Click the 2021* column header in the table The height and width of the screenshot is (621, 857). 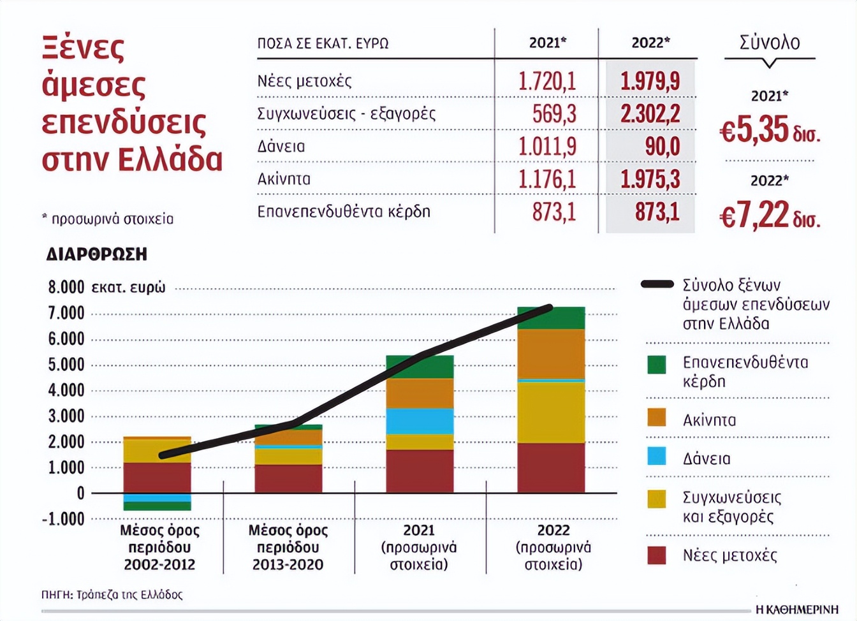pos(547,43)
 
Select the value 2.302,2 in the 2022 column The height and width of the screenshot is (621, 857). pos(650,113)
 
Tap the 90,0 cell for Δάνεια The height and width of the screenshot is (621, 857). pos(662,147)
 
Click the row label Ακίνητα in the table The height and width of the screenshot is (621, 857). pos(284,179)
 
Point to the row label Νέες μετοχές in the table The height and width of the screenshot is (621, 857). pos(304,81)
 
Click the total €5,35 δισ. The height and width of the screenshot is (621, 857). pos(770,130)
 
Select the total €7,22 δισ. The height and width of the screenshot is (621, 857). pos(770,215)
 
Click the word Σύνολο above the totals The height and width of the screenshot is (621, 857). pos(770,43)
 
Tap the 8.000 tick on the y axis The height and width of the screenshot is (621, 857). pos(66,288)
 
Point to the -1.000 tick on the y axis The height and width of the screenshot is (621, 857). pos(63,519)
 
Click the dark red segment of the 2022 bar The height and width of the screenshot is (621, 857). pos(551,467)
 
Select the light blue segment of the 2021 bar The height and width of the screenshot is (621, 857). pos(420,421)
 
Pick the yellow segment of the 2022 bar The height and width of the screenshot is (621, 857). pos(551,412)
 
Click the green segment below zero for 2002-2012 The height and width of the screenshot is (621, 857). pos(157,506)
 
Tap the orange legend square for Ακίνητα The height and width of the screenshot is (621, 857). pos(656,418)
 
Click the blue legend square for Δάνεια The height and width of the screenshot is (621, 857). pos(656,457)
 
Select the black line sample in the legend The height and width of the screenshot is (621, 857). pos(657,284)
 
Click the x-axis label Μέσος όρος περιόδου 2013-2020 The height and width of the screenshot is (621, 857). pos(288,548)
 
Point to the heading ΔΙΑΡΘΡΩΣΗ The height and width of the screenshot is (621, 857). pos(96,254)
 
